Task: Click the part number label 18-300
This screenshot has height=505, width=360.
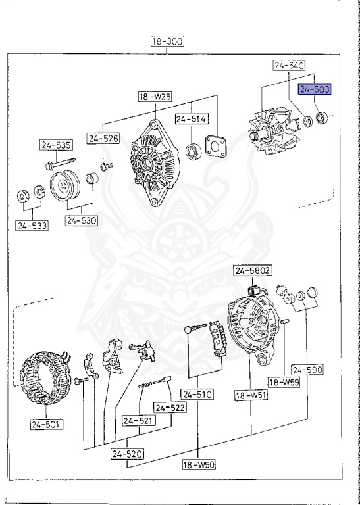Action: point(167,41)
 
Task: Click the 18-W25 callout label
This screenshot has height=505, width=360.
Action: point(155,96)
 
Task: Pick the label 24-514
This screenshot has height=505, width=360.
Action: point(191,119)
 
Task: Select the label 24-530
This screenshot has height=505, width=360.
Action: point(82,221)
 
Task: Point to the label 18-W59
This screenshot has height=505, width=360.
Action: point(284,382)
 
